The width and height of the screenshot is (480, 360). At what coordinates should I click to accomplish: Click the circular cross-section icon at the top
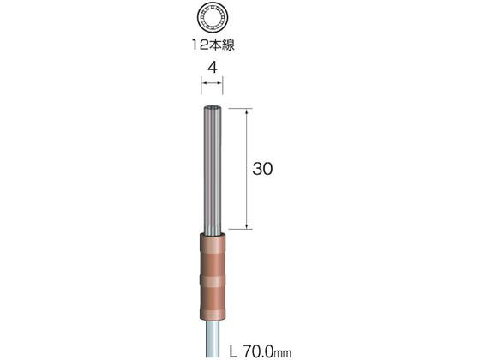(x=213, y=18)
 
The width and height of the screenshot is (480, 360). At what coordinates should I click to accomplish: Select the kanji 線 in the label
(x=228, y=45)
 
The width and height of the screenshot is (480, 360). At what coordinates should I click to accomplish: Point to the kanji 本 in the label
(x=214, y=45)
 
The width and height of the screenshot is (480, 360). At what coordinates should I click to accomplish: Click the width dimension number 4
(x=213, y=68)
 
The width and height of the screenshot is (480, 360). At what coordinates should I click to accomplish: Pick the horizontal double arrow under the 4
(x=213, y=82)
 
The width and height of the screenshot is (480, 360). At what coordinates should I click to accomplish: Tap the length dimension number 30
(x=262, y=169)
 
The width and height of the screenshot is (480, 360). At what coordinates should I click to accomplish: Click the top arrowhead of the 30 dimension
(x=247, y=111)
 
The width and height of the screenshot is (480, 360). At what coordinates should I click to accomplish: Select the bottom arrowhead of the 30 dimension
(x=247, y=225)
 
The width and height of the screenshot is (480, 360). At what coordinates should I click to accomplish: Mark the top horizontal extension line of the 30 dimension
(x=241, y=108)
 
